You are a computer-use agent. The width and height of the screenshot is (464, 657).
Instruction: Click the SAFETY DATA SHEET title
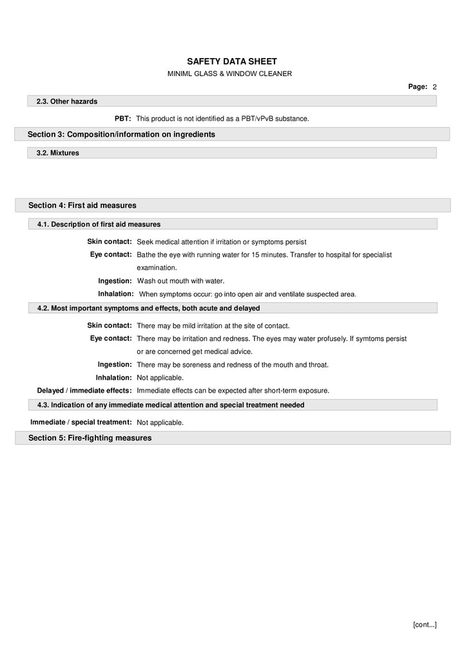click(x=229, y=61)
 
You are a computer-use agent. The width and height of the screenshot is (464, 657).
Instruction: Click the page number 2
click(x=435, y=86)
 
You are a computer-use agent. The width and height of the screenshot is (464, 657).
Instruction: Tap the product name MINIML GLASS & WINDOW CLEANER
click(x=229, y=74)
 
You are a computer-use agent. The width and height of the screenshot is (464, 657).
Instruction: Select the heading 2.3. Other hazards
click(x=67, y=101)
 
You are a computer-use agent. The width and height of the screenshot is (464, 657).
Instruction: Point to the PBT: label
click(x=123, y=119)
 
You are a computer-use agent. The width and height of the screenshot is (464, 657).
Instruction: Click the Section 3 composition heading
click(x=121, y=134)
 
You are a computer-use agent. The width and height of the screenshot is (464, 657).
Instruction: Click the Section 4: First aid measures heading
click(x=82, y=205)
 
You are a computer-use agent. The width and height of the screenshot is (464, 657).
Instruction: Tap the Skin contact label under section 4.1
click(x=110, y=241)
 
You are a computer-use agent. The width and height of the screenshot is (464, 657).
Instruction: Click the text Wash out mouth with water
click(x=180, y=281)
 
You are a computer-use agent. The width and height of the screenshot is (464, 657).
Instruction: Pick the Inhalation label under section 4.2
click(x=114, y=377)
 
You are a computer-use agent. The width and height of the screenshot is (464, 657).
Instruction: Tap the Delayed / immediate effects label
click(x=84, y=390)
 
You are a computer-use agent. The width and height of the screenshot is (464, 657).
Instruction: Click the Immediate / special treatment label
click(x=81, y=422)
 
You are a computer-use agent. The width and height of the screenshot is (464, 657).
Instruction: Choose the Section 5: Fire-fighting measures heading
click(x=90, y=438)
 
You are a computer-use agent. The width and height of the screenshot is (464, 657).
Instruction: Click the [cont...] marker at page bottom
click(x=425, y=624)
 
